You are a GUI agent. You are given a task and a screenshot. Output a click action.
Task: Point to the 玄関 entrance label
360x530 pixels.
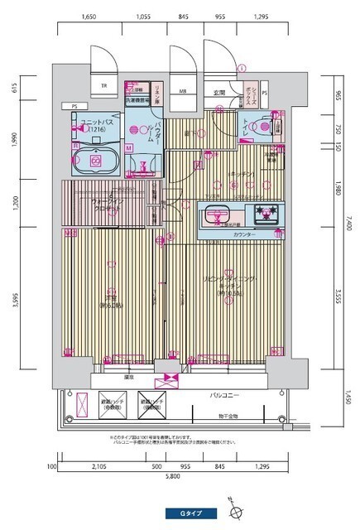click(x=219, y=92)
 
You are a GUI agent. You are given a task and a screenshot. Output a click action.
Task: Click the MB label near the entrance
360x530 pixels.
click(x=183, y=92)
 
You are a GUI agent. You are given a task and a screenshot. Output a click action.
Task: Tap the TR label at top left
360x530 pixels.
click(x=104, y=86)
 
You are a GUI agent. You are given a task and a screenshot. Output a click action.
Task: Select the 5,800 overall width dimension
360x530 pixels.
click(x=172, y=477)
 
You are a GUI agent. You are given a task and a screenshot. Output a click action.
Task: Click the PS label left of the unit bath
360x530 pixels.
click(x=74, y=106)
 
